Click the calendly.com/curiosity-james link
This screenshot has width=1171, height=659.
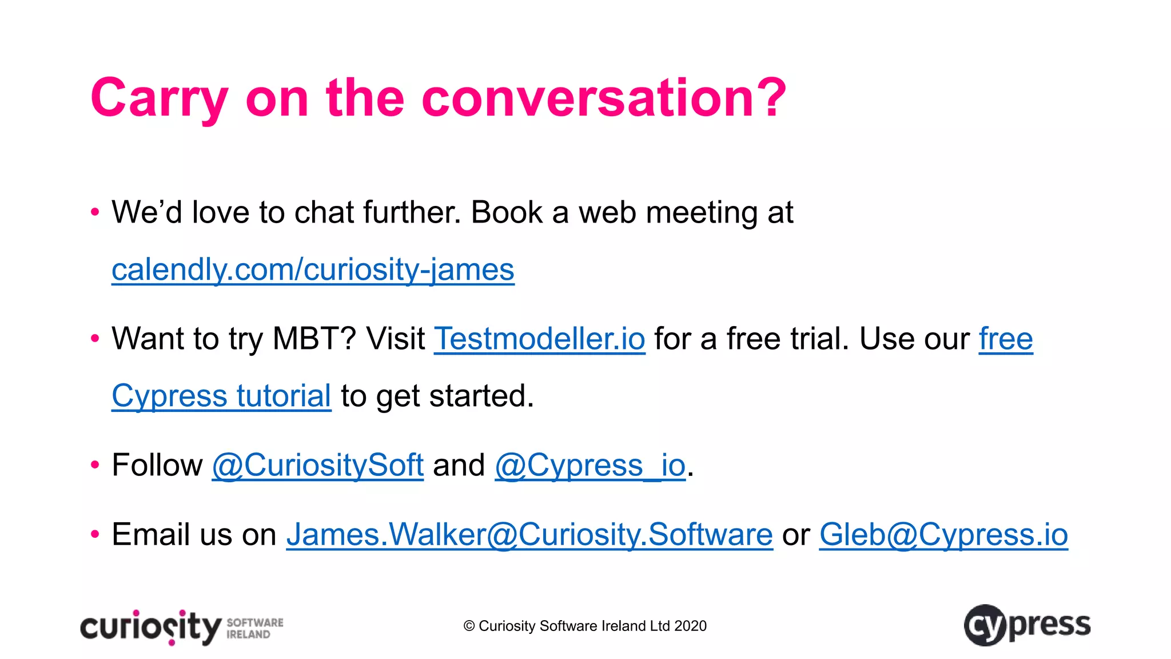coord(313,270)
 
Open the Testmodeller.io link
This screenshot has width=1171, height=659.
coord(539,339)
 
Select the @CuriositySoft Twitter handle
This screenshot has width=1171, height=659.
coord(317,465)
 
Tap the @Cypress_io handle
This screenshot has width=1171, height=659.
coord(590,465)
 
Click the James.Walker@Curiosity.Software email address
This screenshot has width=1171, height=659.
coord(529,535)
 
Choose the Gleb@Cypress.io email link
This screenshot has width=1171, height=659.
coord(943,535)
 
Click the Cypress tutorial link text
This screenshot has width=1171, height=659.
coord(221,396)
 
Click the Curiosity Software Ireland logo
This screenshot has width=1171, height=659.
coord(182,628)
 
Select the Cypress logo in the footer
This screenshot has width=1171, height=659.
coord(1027,625)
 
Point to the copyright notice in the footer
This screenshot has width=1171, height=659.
coord(585,626)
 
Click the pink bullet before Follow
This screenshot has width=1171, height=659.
coord(95,465)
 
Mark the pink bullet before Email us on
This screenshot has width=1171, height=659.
coord(95,535)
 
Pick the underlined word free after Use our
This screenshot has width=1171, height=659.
coord(1006,339)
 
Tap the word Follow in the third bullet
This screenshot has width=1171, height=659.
coord(157,465)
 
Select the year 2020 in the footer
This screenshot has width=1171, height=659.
coord(690,626)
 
